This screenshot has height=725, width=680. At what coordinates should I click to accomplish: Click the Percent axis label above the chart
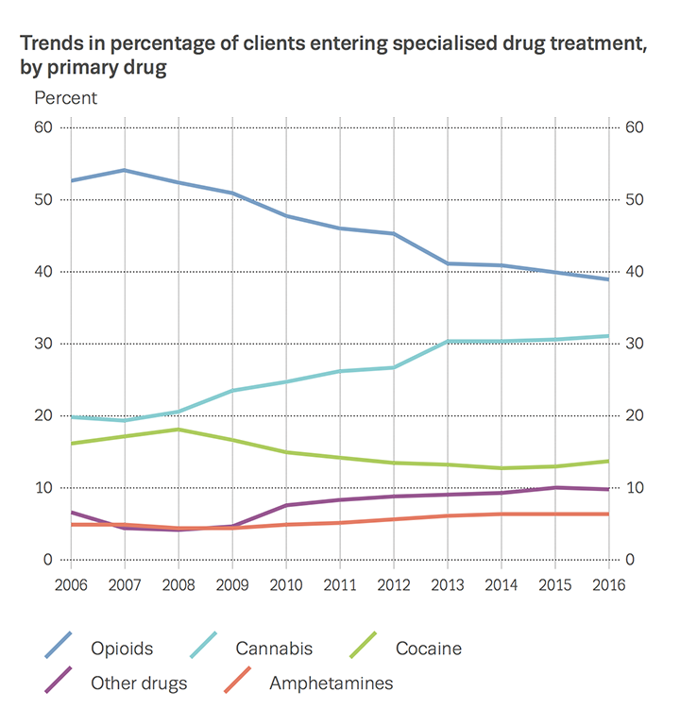[x=65, y=97]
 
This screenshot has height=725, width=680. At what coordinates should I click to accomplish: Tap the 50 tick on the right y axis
[x=635, y=200]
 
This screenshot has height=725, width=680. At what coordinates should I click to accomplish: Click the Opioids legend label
[x=122, y=649]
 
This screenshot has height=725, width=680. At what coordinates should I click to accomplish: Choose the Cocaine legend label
[x=430, y=649]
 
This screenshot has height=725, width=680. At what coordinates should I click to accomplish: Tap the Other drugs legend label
[x=139, y=683]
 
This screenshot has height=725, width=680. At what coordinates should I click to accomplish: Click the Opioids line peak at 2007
[x=126, y=171]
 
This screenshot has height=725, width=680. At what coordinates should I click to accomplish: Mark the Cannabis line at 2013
[x=447, y=341]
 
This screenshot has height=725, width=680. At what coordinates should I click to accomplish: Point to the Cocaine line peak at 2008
[x=179, y=430]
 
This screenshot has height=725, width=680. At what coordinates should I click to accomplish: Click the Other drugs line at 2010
[x=286, y=505]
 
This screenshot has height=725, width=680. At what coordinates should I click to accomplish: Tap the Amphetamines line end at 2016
[x=607, y=514]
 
